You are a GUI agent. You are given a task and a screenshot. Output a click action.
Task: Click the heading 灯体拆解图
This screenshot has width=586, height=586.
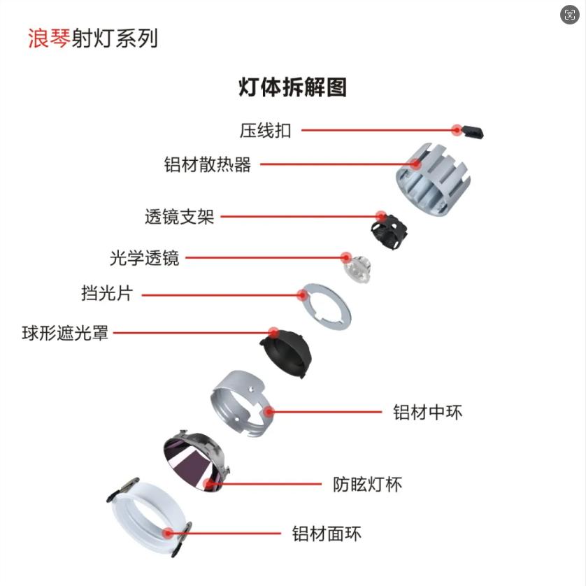[292, 87]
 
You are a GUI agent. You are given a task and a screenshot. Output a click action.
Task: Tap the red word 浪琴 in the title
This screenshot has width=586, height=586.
[49, 38]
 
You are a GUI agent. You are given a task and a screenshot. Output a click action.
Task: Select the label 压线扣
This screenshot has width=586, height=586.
[265, 131]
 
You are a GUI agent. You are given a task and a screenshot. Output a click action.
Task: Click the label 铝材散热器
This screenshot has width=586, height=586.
[208, 164]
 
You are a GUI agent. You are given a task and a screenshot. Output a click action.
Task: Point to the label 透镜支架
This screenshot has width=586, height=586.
[180, 217]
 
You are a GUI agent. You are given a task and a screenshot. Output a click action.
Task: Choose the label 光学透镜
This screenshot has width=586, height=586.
[144, 258]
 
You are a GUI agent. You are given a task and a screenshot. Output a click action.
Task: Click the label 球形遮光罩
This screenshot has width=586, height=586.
[65, 333]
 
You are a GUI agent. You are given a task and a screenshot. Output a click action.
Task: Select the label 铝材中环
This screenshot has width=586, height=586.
[427, 412]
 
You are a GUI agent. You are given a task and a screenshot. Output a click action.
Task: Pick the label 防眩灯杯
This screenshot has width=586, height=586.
[367, 485]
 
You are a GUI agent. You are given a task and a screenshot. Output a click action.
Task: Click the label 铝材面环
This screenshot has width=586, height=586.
[327, 534]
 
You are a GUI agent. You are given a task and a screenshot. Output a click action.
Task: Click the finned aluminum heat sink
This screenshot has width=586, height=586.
[433, 178]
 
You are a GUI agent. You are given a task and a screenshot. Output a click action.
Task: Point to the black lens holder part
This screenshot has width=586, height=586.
[389, 231]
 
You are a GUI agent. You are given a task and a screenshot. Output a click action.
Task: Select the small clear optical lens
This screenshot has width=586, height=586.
[357, 269]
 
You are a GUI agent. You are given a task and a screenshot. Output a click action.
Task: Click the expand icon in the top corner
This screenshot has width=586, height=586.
[570, 15]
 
